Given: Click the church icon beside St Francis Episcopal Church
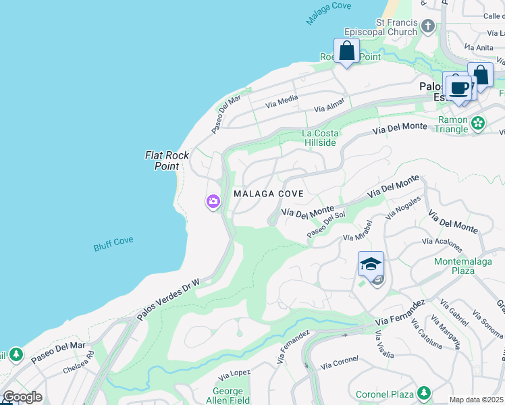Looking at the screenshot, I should coord(427,27).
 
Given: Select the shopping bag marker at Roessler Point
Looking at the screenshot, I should coord(346,51).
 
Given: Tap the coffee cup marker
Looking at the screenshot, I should coord(459,88).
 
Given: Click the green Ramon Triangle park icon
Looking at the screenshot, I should coord(478,123).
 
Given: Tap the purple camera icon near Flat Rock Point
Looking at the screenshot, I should coord(213,201).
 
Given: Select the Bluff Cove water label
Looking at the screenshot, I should coord(113,244).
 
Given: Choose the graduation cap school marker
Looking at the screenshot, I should coord(371,264).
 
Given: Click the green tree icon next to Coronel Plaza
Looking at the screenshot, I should coord(423,393).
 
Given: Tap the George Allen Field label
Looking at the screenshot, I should coord(228,396).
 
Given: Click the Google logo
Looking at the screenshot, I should coord(22,397).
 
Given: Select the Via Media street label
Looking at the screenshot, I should coord(282,101).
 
